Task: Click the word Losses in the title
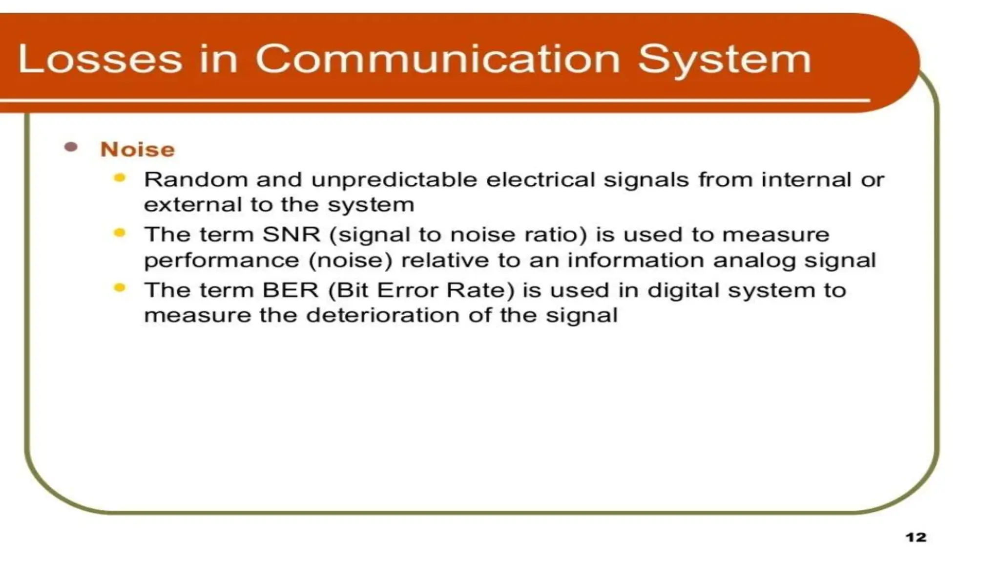click(100, 59)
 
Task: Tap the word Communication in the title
click(437, 59)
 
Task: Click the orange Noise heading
click(137, 150)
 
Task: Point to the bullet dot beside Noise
click(71, 147)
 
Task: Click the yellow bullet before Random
click(120, 178)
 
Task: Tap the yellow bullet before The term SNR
click(120, 233)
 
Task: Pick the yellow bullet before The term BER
click(120, 288)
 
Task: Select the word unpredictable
click(394, 180)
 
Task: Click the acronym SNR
click(292, 235)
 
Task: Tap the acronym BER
click(291, 290)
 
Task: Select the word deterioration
click(383, 315)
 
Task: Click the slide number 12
click(916, 538)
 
